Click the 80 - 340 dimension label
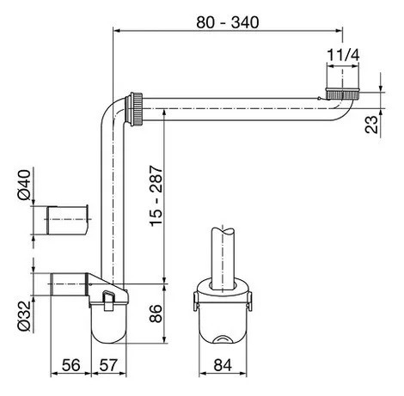click(228, 22)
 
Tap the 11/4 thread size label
click(343, 55)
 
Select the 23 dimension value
click(371, 125)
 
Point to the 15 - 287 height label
click(156, 196)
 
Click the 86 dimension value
click(156, 314)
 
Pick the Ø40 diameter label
click(24, 185)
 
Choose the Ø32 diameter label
click(24, 316)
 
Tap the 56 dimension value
click(70, 365)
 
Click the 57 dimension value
click(108, 365)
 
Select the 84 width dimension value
click(223, 365)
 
